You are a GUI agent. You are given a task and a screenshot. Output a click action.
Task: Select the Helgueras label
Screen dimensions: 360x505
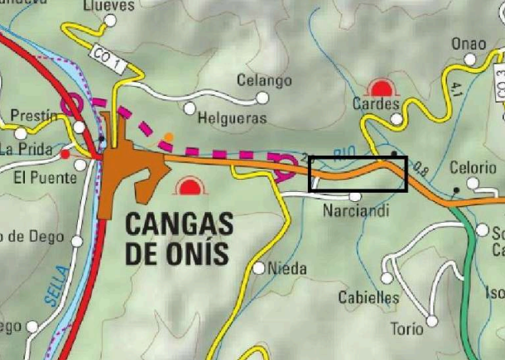point(233,118)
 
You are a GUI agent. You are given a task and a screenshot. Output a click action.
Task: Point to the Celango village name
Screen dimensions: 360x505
point(264,80)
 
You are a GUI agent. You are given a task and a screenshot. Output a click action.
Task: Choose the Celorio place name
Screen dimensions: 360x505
point(472,167)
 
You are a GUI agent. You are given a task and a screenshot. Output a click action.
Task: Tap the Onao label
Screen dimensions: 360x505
point(469,44)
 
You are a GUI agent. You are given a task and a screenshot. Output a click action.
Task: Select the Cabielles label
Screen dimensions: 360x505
point(368,297)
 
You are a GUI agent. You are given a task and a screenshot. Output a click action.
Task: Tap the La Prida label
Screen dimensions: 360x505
point(25,150)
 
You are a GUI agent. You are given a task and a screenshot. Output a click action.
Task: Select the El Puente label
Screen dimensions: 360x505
point(41,178)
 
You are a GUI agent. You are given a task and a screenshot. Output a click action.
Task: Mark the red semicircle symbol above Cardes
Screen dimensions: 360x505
point(382,87)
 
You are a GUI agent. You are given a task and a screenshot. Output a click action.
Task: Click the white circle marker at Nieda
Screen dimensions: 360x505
point(260,268)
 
